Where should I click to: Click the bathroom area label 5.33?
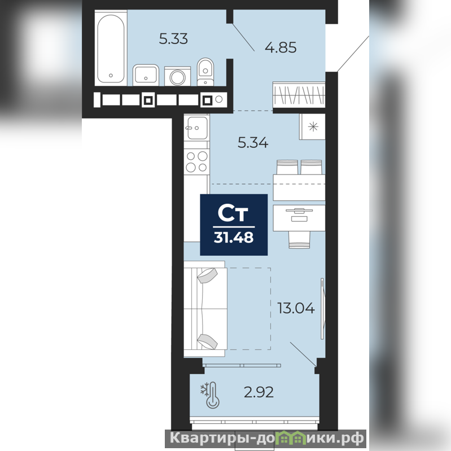[173, 38]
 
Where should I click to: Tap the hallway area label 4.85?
[281, 47]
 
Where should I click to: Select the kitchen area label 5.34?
[253, 142]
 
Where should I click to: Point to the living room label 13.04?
[296, 308]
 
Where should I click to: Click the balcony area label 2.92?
[259, 392]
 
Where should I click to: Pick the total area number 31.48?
[234, 238]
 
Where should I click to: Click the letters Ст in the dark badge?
[233, 213]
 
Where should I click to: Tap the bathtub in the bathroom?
[111, 48]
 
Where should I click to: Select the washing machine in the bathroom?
[177, 76]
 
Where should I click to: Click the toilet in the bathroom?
[205, 72]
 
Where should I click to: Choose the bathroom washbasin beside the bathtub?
[146, 75]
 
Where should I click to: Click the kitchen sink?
[197, 128]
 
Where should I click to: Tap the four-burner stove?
[197, 161]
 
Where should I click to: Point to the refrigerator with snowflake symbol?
[312, 127]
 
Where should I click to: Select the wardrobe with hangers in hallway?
[299, 95]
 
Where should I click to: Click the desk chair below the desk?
[299, 239]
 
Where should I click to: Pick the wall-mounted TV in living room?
[323, 309]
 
